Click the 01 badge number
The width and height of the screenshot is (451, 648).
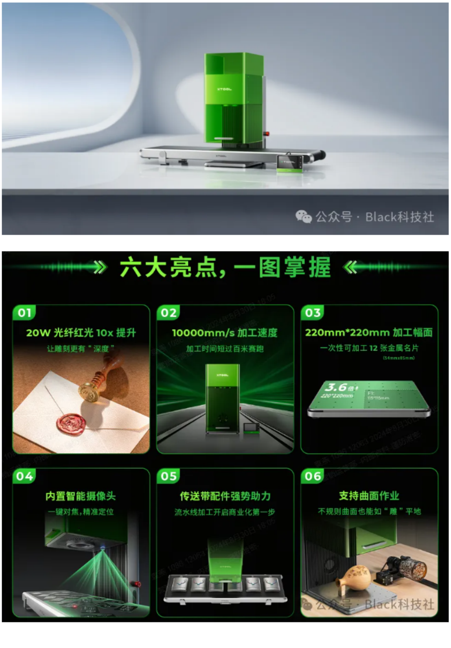point(24,313)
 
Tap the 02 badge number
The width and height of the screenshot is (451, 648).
point(169,313)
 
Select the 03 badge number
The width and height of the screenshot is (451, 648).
point(313,313)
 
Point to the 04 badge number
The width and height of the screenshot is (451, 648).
point(24,476)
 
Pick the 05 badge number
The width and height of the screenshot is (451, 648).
point(169,476)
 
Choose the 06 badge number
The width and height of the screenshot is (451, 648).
point(313,476)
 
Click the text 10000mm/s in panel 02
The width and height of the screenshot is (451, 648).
point(203,333)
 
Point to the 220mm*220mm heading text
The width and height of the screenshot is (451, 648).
point(347,333)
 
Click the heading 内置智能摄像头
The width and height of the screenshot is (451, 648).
point(81,496)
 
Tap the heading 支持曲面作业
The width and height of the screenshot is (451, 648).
point(369,496)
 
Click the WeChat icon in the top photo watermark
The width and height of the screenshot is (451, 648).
point(303,217)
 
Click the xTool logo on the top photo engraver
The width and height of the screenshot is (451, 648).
point(224,89)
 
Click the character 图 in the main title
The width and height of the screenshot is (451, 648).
point(269,267)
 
